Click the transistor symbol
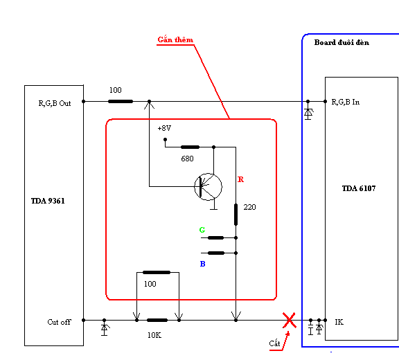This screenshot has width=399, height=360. tap(208, 187)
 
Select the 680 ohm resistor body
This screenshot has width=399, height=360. tap(190, 147)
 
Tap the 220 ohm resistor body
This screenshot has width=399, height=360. tap(236, 215)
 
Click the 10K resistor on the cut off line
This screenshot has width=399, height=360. tap(157, 320)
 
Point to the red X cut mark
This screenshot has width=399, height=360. tap(290, 320)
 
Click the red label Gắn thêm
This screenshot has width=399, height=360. tap(175, 39)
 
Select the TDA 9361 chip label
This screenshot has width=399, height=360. tap(48, 201)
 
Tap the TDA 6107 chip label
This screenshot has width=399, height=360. tap(359, 188)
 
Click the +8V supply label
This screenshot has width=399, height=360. tap(164, 128)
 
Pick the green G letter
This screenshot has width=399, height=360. tap(202, 230)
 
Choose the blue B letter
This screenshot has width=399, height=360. tap(202, 264)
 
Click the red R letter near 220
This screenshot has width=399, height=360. tap(241, 179)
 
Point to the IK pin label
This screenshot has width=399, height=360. tap(339, 322)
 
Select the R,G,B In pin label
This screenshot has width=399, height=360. tap(345, 102)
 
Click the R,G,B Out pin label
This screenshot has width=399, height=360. tap(55, 103)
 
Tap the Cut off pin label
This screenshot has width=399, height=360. tap(59, 322)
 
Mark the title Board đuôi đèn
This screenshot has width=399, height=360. tap(342, 42)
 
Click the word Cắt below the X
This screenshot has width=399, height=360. tap(274, 343)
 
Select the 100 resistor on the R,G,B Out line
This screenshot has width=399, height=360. tap(121, 102)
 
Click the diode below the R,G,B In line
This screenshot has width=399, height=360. tap(308, 113)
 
